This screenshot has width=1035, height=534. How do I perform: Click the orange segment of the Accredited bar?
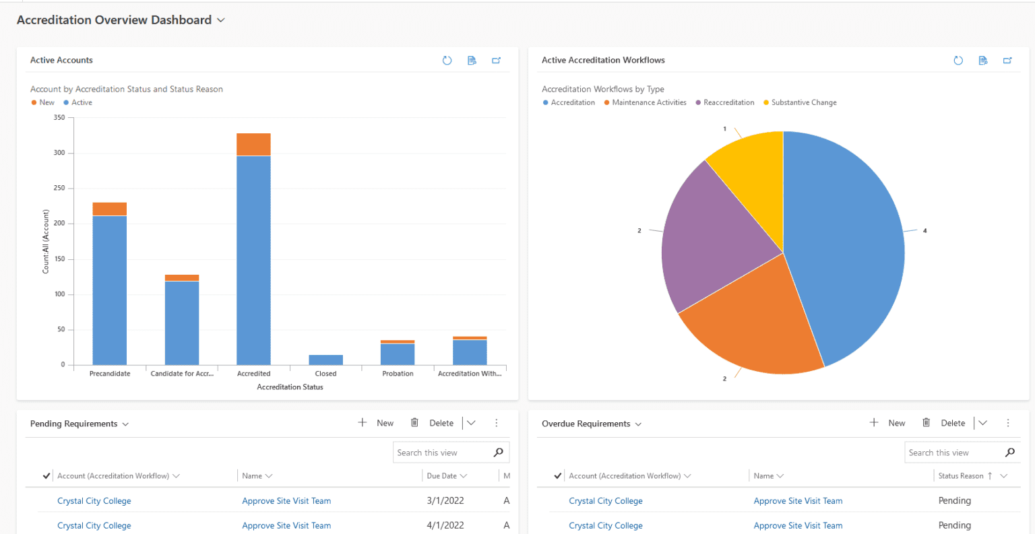click(253, 144)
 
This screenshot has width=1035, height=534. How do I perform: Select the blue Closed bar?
click(325, 360)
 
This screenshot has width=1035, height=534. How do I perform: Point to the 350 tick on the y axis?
click(59, 118)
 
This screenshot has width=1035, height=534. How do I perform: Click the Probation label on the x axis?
click(398, 374)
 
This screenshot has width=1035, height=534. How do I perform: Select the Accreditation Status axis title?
click(290, 387)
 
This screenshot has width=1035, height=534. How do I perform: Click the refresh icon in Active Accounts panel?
click(447, 61)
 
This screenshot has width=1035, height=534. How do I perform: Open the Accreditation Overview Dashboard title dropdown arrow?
click(220, 20)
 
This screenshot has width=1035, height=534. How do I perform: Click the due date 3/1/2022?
click(445, 501)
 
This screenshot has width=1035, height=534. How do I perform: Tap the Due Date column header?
click(442, 476)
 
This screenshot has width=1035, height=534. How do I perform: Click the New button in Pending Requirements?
click(376, 423)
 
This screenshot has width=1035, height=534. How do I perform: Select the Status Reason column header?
click(961, 476)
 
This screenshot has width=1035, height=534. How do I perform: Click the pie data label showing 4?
click(924, 231)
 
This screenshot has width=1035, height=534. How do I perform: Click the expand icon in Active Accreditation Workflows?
click(1007, 61)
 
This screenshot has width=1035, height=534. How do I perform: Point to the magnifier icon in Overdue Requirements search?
click(1009, 453)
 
